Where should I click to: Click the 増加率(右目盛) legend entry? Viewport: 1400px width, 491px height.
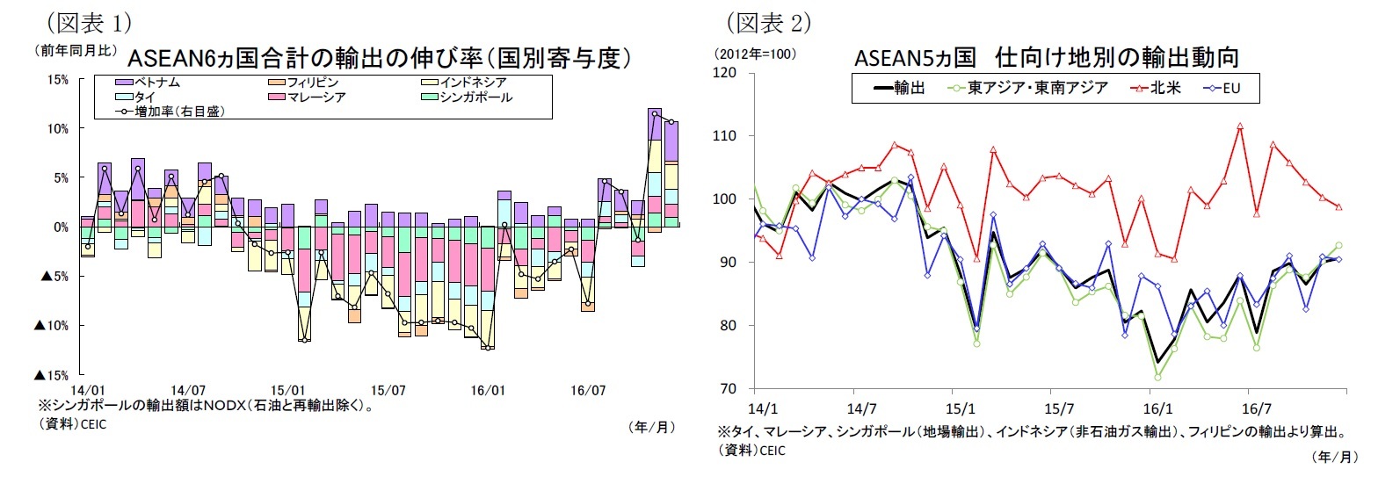pos(173,112)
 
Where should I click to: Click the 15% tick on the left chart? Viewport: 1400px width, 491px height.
pos(57,80)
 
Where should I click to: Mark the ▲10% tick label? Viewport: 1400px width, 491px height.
pos(51,326)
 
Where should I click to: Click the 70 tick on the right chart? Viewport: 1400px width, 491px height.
pos(729,388)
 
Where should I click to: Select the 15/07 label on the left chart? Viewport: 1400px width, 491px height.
pos(388,391)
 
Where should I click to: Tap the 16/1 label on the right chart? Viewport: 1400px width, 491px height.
pos(1157,409)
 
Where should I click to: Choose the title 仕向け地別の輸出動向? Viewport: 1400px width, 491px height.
pos(1117,58)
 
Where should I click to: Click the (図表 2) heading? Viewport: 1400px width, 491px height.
pos(768,22)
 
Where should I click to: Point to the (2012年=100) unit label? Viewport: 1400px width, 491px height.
pos(756,54)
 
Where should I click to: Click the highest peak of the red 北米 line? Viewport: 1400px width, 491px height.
pos(1240,126)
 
